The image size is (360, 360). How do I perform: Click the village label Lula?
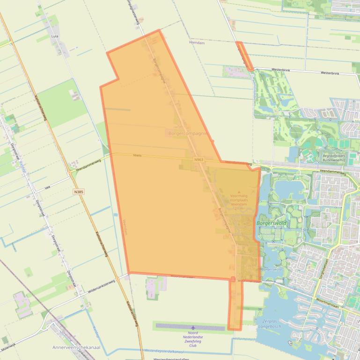pos(55,36)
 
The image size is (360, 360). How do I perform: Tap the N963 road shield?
pos(199,160)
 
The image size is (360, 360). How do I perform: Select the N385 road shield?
pos(79,192)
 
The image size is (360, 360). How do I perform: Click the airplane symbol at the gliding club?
pos(193,327)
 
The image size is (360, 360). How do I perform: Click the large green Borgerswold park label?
pos(272,223)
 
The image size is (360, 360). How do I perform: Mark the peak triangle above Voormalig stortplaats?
pos(239,192)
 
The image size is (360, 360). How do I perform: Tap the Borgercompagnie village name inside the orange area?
pos(187,133)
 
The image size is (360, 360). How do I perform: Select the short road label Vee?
pos(47,186)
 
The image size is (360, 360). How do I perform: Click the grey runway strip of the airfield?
pos(190,326)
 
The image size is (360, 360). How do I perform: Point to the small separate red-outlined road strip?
pos(245,56)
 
